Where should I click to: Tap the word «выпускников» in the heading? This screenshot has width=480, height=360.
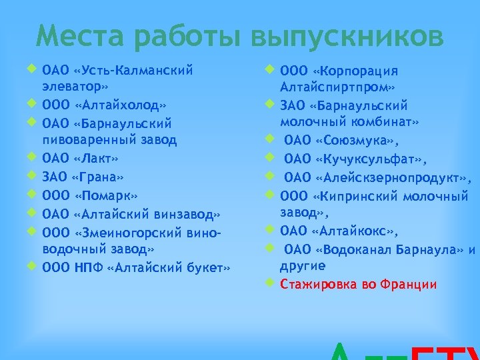click(x=347, y=37)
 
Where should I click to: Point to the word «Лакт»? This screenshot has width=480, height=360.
click(x=96, y=159)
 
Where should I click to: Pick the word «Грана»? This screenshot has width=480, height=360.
click(x=99, y=177)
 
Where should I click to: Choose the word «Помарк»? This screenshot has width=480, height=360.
click(x=106, y=195)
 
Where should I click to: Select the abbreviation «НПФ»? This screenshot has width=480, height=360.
click(x=85, y=267)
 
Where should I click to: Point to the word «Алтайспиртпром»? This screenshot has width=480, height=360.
click(x=337, y=87)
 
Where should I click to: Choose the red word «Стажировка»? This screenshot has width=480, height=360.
click(x=317, y=285)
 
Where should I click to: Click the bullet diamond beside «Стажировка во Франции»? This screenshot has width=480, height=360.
click(x=269, y=281)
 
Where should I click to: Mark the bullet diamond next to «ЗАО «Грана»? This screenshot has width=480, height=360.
click(x=31, y=175)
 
